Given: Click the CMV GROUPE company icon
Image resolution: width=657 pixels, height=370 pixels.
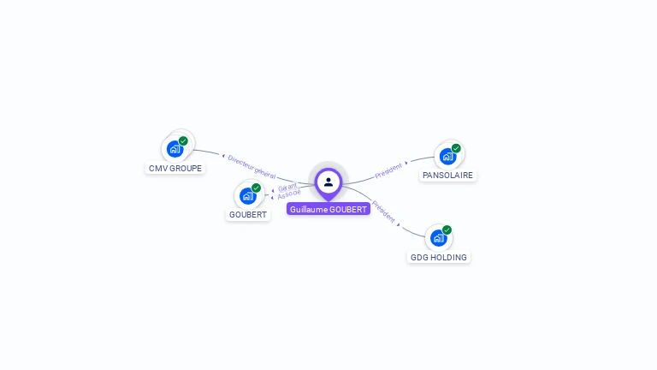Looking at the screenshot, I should [x=175, y=149].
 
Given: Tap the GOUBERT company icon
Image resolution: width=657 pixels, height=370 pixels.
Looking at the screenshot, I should [x=248, y=195].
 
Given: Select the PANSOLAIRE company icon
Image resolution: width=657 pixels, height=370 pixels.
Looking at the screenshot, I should [x=447, y=156].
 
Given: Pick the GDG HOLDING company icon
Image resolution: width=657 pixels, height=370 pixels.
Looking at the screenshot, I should [x=439, y=237].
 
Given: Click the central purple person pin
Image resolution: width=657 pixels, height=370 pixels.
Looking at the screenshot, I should [x=328, y=182].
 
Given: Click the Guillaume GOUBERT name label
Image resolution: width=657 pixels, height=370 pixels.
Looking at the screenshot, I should [x=328, y=209].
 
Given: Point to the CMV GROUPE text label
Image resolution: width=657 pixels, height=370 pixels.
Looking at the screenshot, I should [x=175, y=169].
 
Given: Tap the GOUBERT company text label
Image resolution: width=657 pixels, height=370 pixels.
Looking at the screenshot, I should [x=248, y=215].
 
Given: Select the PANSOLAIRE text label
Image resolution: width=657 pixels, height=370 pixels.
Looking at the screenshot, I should [x=447, y=176].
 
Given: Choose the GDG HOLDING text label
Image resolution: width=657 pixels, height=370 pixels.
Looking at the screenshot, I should [x=439, y=257].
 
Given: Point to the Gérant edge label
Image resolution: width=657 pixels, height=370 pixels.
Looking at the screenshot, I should [x=287, y=187].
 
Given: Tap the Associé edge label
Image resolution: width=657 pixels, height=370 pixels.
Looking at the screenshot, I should [x=289, y=194].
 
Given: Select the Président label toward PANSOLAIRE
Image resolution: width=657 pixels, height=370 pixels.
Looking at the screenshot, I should [x=388, y=170].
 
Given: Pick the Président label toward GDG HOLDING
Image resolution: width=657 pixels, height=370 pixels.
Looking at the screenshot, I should [x=382, y=211].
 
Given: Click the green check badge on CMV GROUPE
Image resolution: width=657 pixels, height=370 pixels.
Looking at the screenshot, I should [x=183, y=140].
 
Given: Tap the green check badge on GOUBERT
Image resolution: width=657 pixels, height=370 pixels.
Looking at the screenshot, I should [x=256, y=188].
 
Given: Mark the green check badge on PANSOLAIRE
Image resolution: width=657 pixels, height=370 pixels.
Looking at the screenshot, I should [x=456, y=148].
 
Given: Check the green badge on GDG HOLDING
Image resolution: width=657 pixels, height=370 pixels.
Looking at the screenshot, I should [x=447, y=230].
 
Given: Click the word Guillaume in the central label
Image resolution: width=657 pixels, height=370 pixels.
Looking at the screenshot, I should [x=307, y=209].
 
